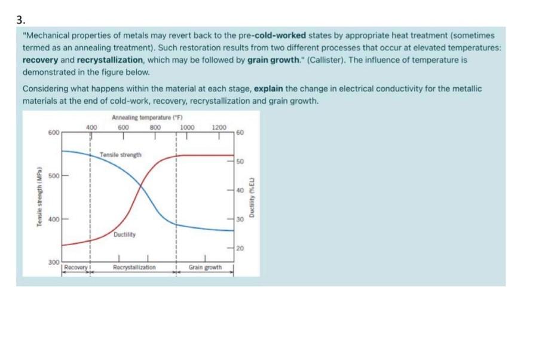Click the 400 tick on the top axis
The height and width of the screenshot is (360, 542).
(91, 127)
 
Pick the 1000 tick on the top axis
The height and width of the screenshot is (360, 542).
(188, 127)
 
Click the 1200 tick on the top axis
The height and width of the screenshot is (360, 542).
(219, 127)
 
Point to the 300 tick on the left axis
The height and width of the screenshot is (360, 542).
(54, 263)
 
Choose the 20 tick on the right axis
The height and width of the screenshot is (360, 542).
(240, 248)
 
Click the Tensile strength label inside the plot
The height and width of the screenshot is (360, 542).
(121, 155)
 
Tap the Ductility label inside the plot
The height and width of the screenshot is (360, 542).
(125, 234)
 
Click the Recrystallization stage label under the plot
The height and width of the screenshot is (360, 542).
(134, 267)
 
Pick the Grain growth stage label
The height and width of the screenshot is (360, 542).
(206, 267)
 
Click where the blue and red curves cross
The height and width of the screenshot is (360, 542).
(142, 187)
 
